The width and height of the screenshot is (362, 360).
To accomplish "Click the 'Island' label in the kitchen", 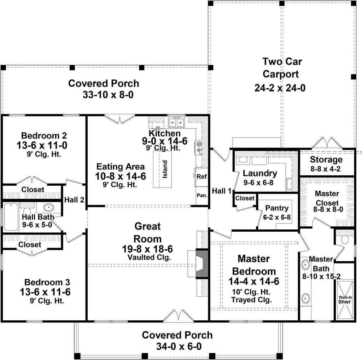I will [165, 169].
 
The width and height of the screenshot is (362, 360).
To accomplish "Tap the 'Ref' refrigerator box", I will [202, 176].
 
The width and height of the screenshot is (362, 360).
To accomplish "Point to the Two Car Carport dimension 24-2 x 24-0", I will [280, 88].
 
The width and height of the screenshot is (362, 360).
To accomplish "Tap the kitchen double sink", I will [176, 123].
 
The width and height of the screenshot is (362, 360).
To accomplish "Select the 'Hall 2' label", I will [74, 200].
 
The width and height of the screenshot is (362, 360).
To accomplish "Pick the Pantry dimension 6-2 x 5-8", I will [277, 217].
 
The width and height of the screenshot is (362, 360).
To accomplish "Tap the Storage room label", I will [326, 159].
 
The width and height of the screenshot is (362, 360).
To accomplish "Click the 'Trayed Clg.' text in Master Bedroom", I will [251, 300].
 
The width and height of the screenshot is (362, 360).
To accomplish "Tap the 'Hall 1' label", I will [222, 191].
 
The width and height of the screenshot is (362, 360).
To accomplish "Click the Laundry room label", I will [260, 173].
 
